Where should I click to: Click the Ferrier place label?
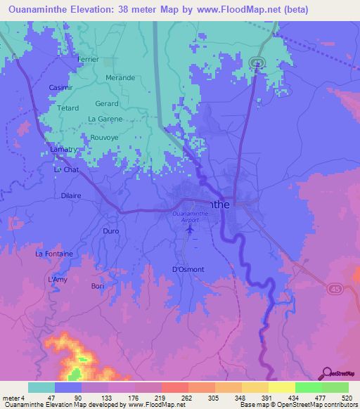click(89, 60)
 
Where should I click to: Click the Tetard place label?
click(67, 108)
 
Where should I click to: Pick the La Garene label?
click(105, 119)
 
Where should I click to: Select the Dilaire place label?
click(72, 196)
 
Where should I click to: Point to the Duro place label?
click(111, 231)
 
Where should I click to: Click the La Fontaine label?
click(54, 253)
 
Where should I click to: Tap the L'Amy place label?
click(57, 280)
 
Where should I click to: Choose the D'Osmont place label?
click(188, 269)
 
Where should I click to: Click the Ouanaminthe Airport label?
click(190, 216)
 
